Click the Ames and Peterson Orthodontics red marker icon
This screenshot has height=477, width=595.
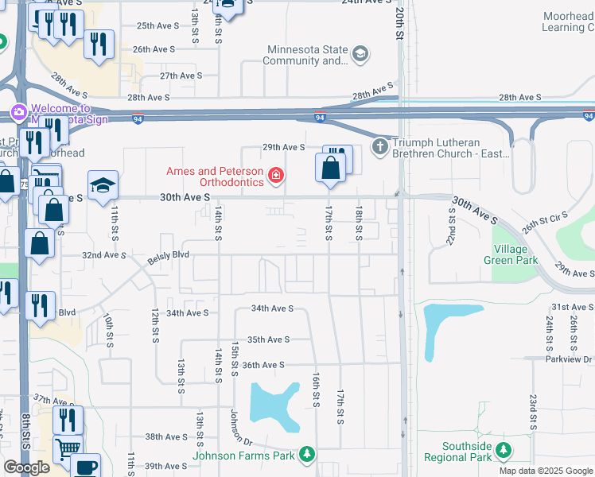[276, 175]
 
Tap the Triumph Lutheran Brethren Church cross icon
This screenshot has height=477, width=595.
[380, 146]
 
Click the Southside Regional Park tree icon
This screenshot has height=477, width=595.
[503, 451]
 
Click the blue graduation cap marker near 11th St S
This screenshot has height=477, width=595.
[103, 187]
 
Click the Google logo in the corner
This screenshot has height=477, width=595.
[26, 467]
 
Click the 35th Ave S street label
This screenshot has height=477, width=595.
[267, 339]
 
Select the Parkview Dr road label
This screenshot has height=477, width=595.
[566, 359]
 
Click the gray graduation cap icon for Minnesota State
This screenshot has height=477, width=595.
[360, 54]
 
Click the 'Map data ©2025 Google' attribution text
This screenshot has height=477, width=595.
[545, 470]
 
